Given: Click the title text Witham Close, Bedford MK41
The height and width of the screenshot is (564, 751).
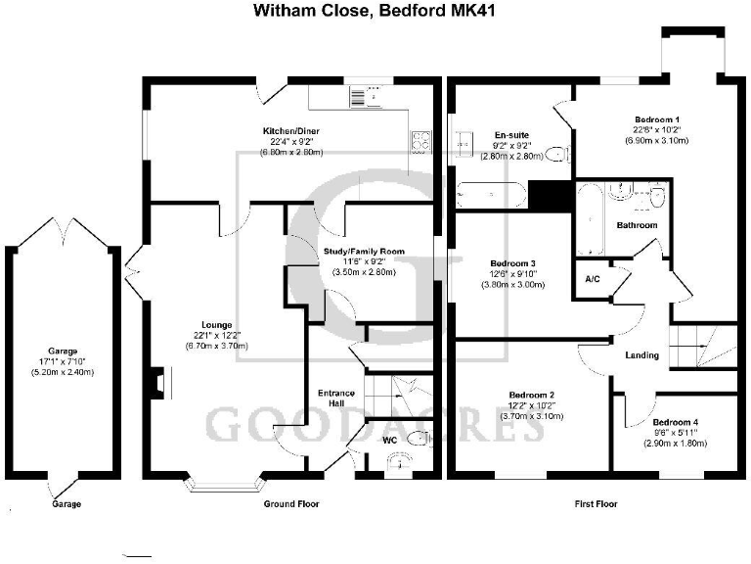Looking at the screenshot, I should pos(375,12).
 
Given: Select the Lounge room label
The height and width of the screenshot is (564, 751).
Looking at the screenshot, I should pos(217,324).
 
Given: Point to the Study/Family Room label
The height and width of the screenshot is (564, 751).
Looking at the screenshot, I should pos(364,252).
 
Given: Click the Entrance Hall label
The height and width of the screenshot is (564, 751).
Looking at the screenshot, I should pos(335,399).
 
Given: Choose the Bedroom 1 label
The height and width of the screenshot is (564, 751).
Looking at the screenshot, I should pos(656,118).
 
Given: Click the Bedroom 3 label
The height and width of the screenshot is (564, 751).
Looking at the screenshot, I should pos(512,263).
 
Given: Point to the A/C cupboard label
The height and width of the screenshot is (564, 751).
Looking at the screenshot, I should pos(592,279).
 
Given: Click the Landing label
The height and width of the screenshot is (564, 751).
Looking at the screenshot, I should pos(642,354).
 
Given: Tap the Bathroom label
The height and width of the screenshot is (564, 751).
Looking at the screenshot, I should pos(636,225).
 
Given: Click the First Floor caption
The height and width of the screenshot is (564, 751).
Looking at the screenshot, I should pos(594,504).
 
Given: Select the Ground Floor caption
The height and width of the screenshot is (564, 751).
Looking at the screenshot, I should pos(292,504).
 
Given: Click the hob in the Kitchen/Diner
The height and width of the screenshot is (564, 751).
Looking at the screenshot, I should pos(422,142).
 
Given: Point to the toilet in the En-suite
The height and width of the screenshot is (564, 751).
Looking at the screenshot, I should pos(556,153).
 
